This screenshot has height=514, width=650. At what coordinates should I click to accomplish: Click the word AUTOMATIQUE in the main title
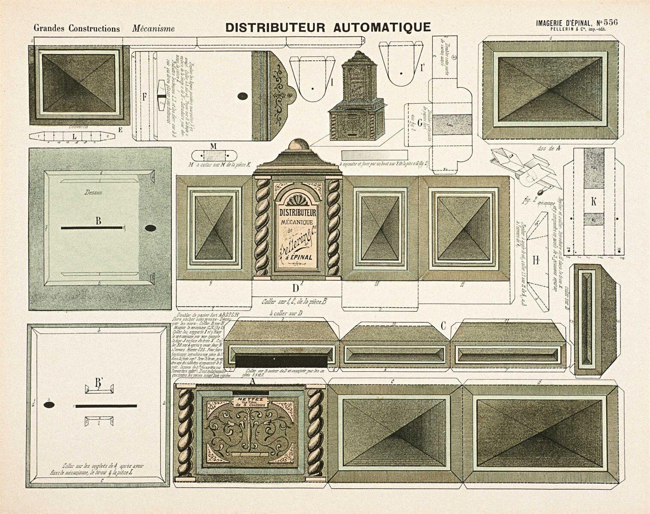coord(382,27)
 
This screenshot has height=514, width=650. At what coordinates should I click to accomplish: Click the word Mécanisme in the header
coord(153,29)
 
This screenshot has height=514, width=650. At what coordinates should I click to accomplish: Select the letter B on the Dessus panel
coord(98,221)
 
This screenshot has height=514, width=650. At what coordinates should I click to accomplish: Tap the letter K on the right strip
coord(593,203)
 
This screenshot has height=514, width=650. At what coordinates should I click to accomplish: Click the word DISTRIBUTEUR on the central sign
coord(298,213)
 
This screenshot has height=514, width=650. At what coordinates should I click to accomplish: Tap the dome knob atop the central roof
coord(297,144)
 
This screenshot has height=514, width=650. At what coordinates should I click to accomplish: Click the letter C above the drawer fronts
coord(443,326)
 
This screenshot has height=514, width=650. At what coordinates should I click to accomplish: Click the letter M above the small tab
coord(213,146)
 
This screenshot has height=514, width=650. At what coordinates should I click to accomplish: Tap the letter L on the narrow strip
coord(75,136)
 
